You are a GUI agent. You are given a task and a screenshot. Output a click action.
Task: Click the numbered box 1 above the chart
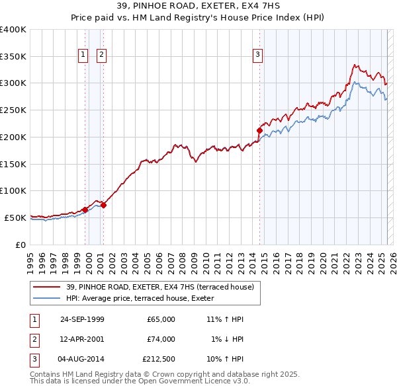(x=84, y=55)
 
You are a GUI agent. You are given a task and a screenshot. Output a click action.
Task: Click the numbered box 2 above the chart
(x=101, y=55)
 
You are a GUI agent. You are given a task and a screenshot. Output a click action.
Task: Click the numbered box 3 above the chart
(x=257, y=55)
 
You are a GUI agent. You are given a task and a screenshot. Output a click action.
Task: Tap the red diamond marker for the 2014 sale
(x=259, y=130)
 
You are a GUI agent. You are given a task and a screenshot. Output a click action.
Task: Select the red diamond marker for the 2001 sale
(x=104, y=205)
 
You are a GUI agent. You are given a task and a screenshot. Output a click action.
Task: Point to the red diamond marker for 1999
(x=85, y=210)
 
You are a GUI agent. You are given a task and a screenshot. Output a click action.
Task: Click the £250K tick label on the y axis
(x=13, y=110)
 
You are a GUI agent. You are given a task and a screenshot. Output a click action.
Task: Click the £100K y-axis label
(x=13, y=190)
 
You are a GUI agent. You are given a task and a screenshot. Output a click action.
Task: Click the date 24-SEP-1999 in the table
(x=82, y=319)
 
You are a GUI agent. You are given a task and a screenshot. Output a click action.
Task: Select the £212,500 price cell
(x=159, y=360)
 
